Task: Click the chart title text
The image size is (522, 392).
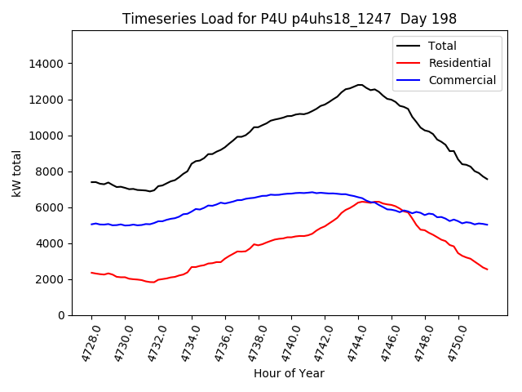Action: point(290,19)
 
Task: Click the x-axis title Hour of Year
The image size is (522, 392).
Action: point(289,373)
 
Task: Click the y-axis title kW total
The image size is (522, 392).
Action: point(16,173)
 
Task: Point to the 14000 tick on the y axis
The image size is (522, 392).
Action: point(47,64)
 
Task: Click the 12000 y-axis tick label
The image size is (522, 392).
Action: point(47,100)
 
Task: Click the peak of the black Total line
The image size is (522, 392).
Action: point(360,84)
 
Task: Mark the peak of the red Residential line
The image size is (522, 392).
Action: point(365,201)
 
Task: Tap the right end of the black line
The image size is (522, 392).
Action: point(488,179)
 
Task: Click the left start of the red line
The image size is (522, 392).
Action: point(91,273)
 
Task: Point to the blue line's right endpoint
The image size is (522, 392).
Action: point(488,225)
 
